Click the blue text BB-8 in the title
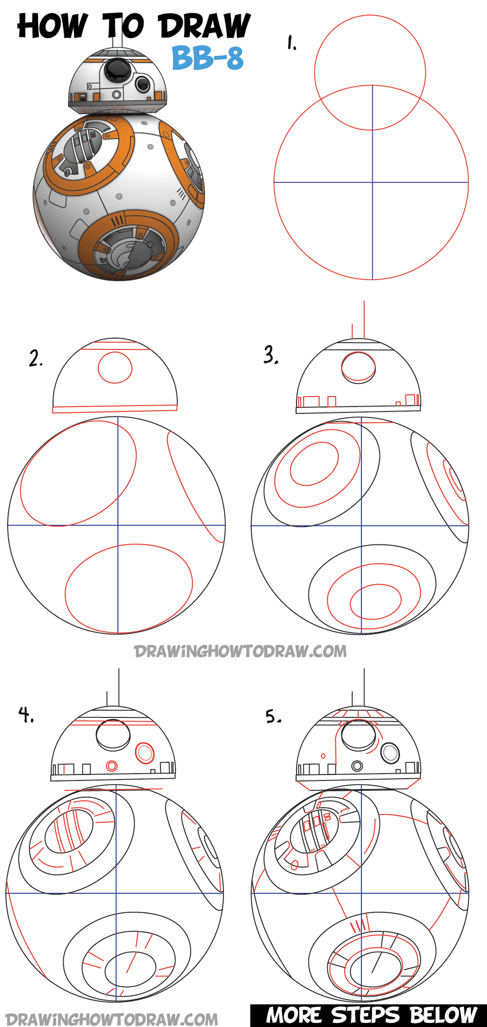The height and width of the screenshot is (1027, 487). [x=207, y=58]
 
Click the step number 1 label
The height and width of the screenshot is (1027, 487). [x=291, y=43]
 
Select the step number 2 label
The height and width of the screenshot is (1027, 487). [x=35, y=359]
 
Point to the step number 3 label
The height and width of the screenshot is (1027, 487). [x=271, y=355]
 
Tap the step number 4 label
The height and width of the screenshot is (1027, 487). [x=26, y=714]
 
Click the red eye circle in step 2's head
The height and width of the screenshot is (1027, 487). [x=115, y=367]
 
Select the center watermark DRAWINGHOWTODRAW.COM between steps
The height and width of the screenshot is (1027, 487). [x=240, y=651]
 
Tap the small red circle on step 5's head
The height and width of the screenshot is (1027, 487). [x=323, y=756]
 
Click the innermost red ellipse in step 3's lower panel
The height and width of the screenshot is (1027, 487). [x=376, y=601]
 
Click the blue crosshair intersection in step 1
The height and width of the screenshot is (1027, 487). [x=373, y=183]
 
